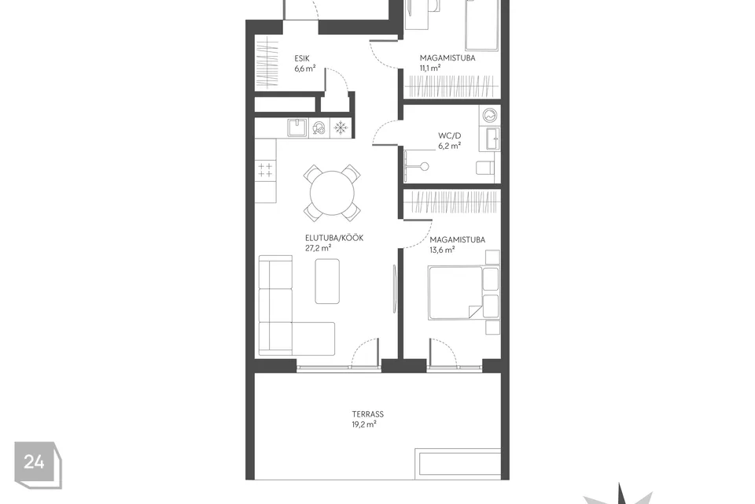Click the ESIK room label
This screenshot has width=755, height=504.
302,58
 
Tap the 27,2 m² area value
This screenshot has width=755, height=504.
319,248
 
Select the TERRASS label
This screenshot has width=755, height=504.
367,413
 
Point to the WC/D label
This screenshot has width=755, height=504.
449,135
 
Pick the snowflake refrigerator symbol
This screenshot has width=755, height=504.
341,128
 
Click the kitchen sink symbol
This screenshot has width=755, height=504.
297,128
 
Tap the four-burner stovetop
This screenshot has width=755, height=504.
265,170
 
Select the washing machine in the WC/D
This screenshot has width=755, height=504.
490,116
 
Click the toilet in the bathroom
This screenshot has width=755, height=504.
485,168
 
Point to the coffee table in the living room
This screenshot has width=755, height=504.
327,281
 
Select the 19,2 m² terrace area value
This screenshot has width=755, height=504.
363,424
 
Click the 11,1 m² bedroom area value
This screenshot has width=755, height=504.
430,68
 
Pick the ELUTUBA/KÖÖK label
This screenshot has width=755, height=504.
334,238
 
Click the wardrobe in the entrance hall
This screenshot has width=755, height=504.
267,63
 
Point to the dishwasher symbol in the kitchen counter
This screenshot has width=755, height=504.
319,128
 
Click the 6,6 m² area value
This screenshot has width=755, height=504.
305,69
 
